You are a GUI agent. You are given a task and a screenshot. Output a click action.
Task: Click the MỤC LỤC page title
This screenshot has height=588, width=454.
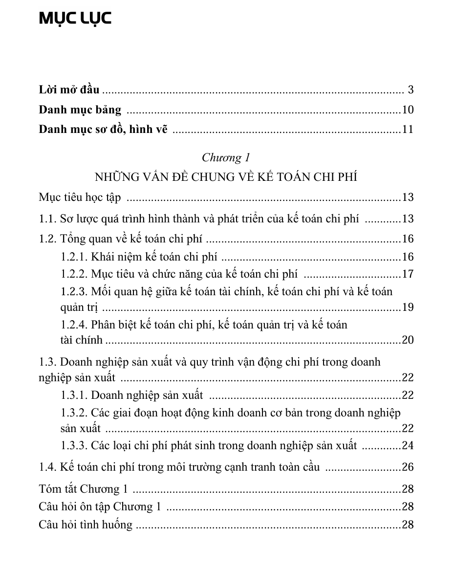click(x=75, y=19)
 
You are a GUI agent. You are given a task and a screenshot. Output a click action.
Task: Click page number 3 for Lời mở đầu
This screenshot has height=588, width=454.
click(x=411, y=90)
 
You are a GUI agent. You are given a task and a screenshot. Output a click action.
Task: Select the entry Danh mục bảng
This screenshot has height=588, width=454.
click(x=80, y=110)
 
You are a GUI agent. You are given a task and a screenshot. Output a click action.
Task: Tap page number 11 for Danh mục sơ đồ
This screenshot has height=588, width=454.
click(x=408, y=130)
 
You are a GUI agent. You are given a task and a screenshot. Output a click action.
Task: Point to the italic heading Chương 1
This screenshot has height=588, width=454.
click(x=226, y=157)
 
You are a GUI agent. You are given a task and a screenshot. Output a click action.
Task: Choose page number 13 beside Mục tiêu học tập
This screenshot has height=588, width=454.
click(x=408, y=197)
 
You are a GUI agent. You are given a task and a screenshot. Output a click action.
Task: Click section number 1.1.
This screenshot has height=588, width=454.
click(x=47, y=218)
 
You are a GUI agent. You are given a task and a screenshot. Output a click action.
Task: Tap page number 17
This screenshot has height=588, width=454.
click(x=408, y=274)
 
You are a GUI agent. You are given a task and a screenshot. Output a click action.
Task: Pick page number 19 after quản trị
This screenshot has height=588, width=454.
click(x=408, y=307)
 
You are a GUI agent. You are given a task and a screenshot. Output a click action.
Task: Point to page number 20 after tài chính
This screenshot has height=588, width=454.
click(x=408, y=340)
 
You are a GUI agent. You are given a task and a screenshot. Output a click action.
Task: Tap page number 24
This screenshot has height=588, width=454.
click(x=408, y=445)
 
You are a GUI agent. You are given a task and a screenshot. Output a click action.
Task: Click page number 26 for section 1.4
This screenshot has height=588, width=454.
click(x=408, y=467)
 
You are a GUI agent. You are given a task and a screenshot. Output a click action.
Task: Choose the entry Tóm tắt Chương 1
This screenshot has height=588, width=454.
click(x=83, y=489)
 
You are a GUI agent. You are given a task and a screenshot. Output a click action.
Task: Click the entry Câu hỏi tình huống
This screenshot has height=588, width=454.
click(x=86, y=525)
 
